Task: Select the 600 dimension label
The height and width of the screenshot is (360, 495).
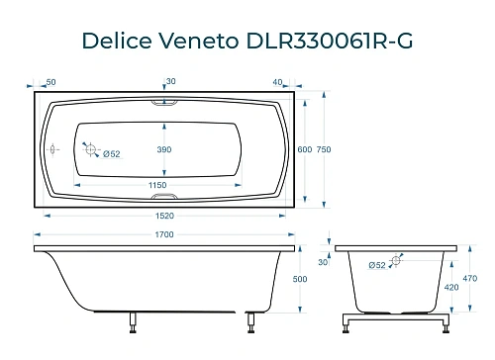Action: pyautogui.click(x=304, y=149)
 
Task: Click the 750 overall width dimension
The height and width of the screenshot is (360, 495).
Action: pyautogui.click(x=336, y=149)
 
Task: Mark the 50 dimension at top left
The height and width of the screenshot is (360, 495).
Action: pyautogui.click(x=50, y=82)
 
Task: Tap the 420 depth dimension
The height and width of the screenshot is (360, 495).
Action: pyautogui.click(x=451, y=289)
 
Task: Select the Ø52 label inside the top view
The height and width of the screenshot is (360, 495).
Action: pyautogui.click(x=112, y=153)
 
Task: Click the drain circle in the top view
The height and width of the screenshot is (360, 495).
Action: pyautogui.click(x=91, y=150)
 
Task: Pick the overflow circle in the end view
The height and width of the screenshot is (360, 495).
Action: pyautogui.click(x=397, y=262)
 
